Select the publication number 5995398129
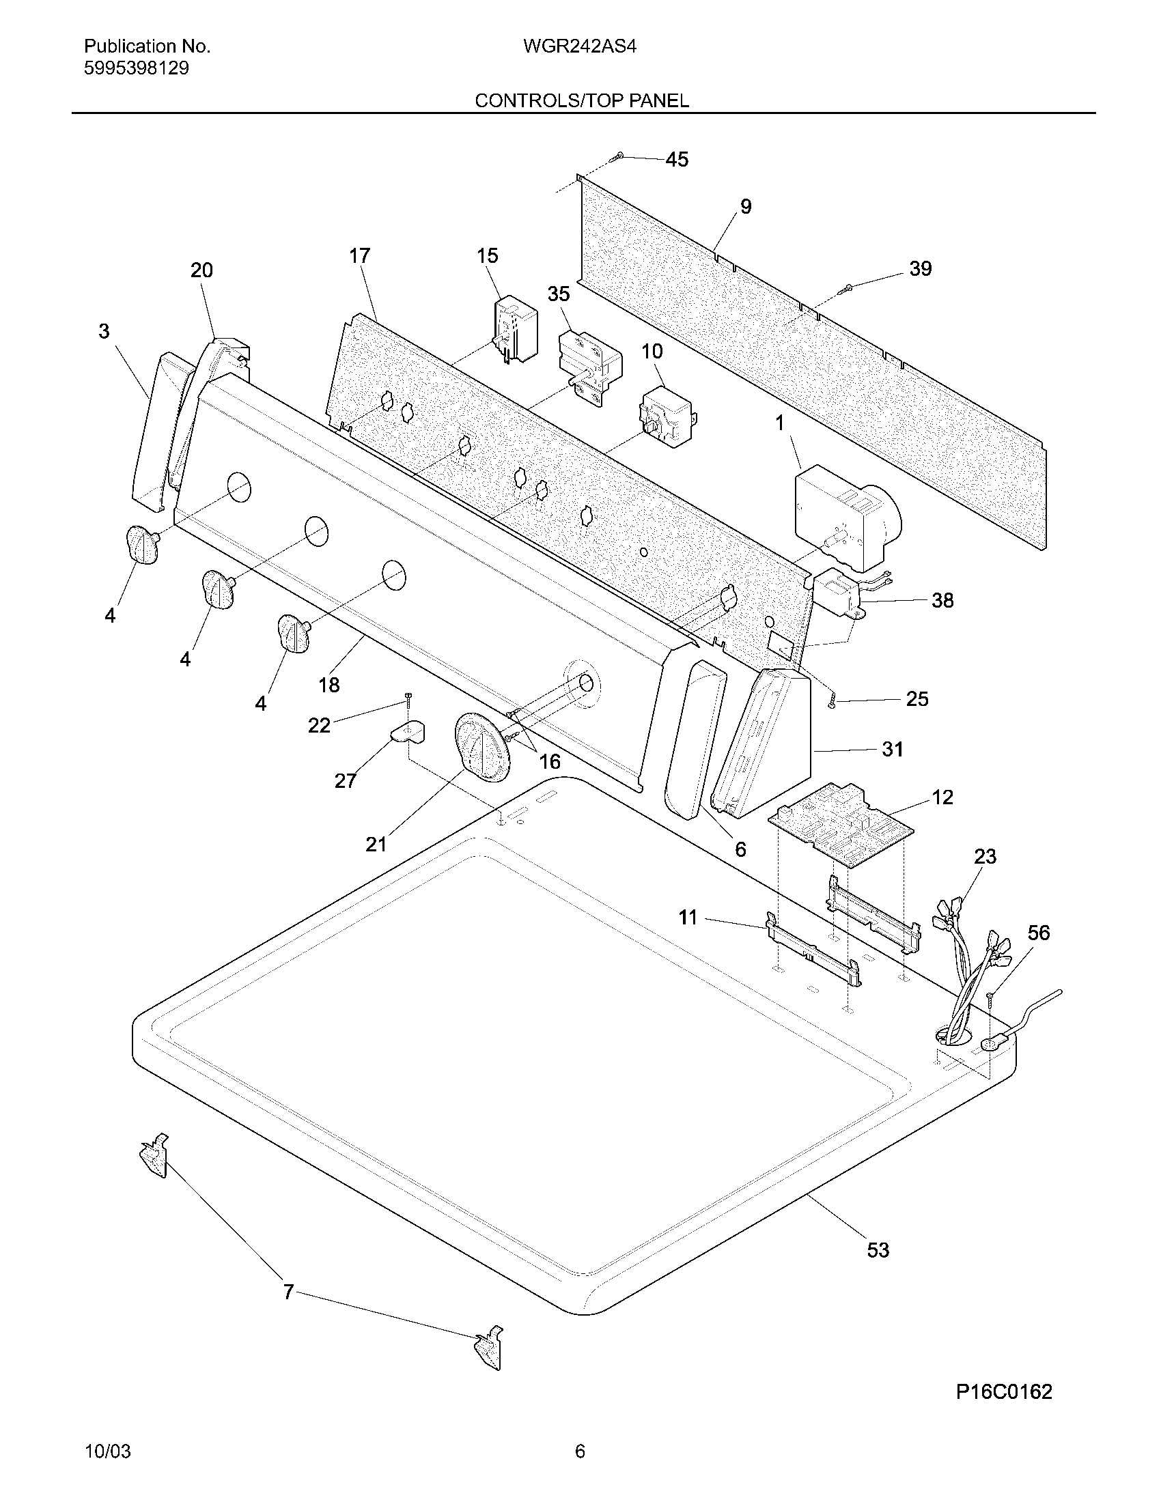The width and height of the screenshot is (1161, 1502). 136,69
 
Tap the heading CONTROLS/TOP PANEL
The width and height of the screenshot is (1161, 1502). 581,101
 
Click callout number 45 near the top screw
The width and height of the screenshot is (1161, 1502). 677,160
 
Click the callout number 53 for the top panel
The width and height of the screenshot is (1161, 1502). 878,1249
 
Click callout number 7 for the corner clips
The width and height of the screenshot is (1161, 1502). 289,1292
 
